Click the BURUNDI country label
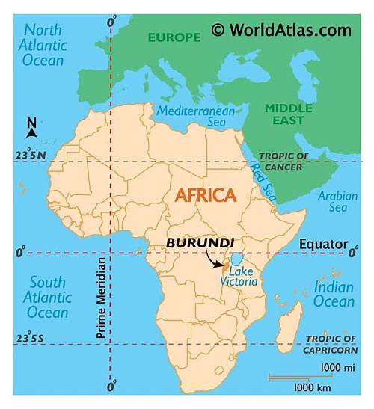click(x=200, y=243)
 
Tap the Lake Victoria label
click(x=239, y=277)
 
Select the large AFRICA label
click(x=206, y=196)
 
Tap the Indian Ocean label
click(x=334, y=295)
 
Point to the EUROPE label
click(x=174, y=37)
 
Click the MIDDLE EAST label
click(x=288, y=114)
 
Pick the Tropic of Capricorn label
click(x=331, y=344)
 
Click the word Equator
click(x=323, y=245)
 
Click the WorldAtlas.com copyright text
click(x=280, y=30)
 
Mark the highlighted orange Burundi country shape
click(x=224, y=265)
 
